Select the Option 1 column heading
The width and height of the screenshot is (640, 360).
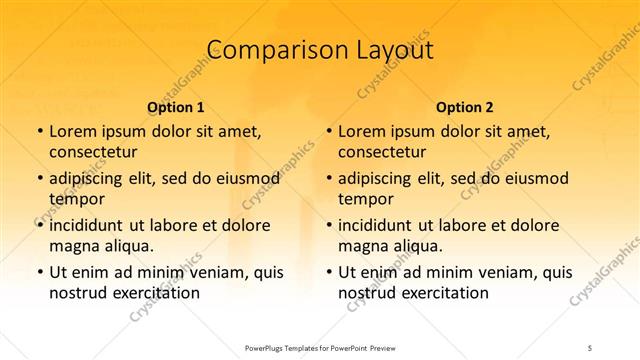click(x=176, y=107)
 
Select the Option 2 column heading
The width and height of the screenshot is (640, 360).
click(x=465, y=107)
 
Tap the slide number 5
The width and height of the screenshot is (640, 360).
click(x=591, y=348)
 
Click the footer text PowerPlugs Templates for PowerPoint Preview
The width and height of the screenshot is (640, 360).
click(x=319, y=348)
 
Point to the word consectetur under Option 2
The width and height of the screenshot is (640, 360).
click(x=382, y=152)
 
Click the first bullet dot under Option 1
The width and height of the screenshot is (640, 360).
click(x=39, y=131)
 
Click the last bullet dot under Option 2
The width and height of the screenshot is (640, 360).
click(x=328, y=272)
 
